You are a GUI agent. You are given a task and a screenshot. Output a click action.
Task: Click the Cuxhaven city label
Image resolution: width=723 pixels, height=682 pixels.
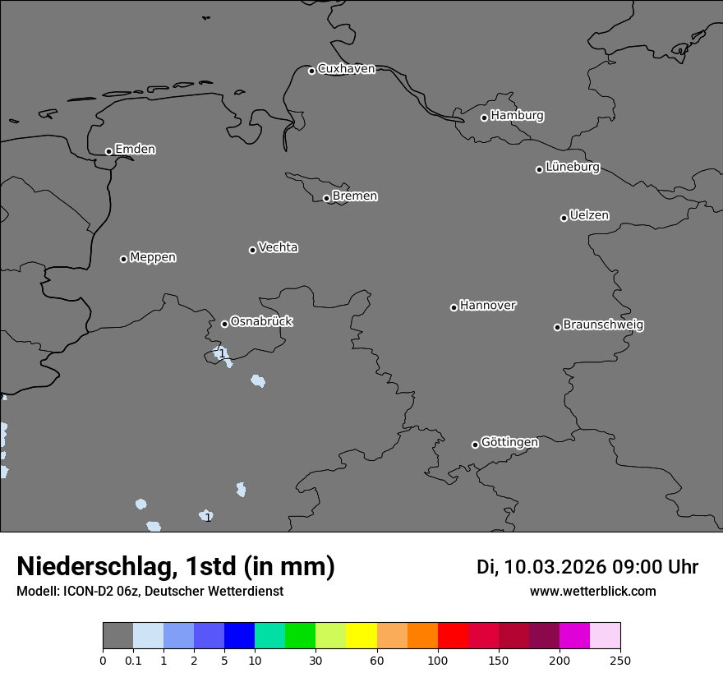(346, 69)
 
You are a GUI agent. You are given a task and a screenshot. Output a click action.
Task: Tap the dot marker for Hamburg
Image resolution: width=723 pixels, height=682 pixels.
(484, 118)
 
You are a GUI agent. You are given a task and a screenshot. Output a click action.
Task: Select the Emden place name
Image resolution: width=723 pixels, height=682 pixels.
(135, 150)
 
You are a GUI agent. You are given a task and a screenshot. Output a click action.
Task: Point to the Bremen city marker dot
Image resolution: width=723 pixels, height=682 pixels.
(326, 198)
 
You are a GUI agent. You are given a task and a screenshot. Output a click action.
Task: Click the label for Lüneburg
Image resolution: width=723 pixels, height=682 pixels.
(572, 168)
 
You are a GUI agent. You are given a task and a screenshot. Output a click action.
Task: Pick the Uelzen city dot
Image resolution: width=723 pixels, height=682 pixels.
(564, 218)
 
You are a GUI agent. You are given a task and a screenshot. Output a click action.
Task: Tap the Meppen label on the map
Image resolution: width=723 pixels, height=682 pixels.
(153, 257)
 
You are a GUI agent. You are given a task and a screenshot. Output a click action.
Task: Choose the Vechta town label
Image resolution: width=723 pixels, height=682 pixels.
(278, 247)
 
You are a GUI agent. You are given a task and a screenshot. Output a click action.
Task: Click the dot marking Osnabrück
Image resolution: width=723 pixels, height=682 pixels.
(224, 324)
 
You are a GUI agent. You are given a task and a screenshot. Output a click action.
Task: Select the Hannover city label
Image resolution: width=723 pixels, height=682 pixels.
(487, 306)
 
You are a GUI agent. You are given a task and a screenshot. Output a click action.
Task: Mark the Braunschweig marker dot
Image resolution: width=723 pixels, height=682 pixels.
(557, 327)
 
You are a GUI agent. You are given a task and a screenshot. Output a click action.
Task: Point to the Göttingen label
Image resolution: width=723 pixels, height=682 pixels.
(509, 443)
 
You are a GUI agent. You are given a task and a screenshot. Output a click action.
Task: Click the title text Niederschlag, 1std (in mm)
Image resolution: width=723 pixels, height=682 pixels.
(176, 566)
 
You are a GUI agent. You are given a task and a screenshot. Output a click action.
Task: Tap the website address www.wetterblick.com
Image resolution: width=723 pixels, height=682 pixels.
(592, 591)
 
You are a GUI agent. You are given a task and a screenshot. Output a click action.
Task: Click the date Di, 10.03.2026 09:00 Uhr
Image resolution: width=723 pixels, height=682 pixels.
(587, 567)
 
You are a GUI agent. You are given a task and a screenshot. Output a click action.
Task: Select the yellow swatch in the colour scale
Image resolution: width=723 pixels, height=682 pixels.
(361, 636)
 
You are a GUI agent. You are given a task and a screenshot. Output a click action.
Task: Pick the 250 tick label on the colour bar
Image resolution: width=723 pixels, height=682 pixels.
(620, 660)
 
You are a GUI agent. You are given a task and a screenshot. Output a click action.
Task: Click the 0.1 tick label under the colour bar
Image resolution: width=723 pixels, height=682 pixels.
(133, 660)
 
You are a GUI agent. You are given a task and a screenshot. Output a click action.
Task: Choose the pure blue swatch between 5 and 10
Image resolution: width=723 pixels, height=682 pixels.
(239, 636)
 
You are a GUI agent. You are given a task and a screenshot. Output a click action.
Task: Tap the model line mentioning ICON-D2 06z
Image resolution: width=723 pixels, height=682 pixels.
(150, 591)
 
